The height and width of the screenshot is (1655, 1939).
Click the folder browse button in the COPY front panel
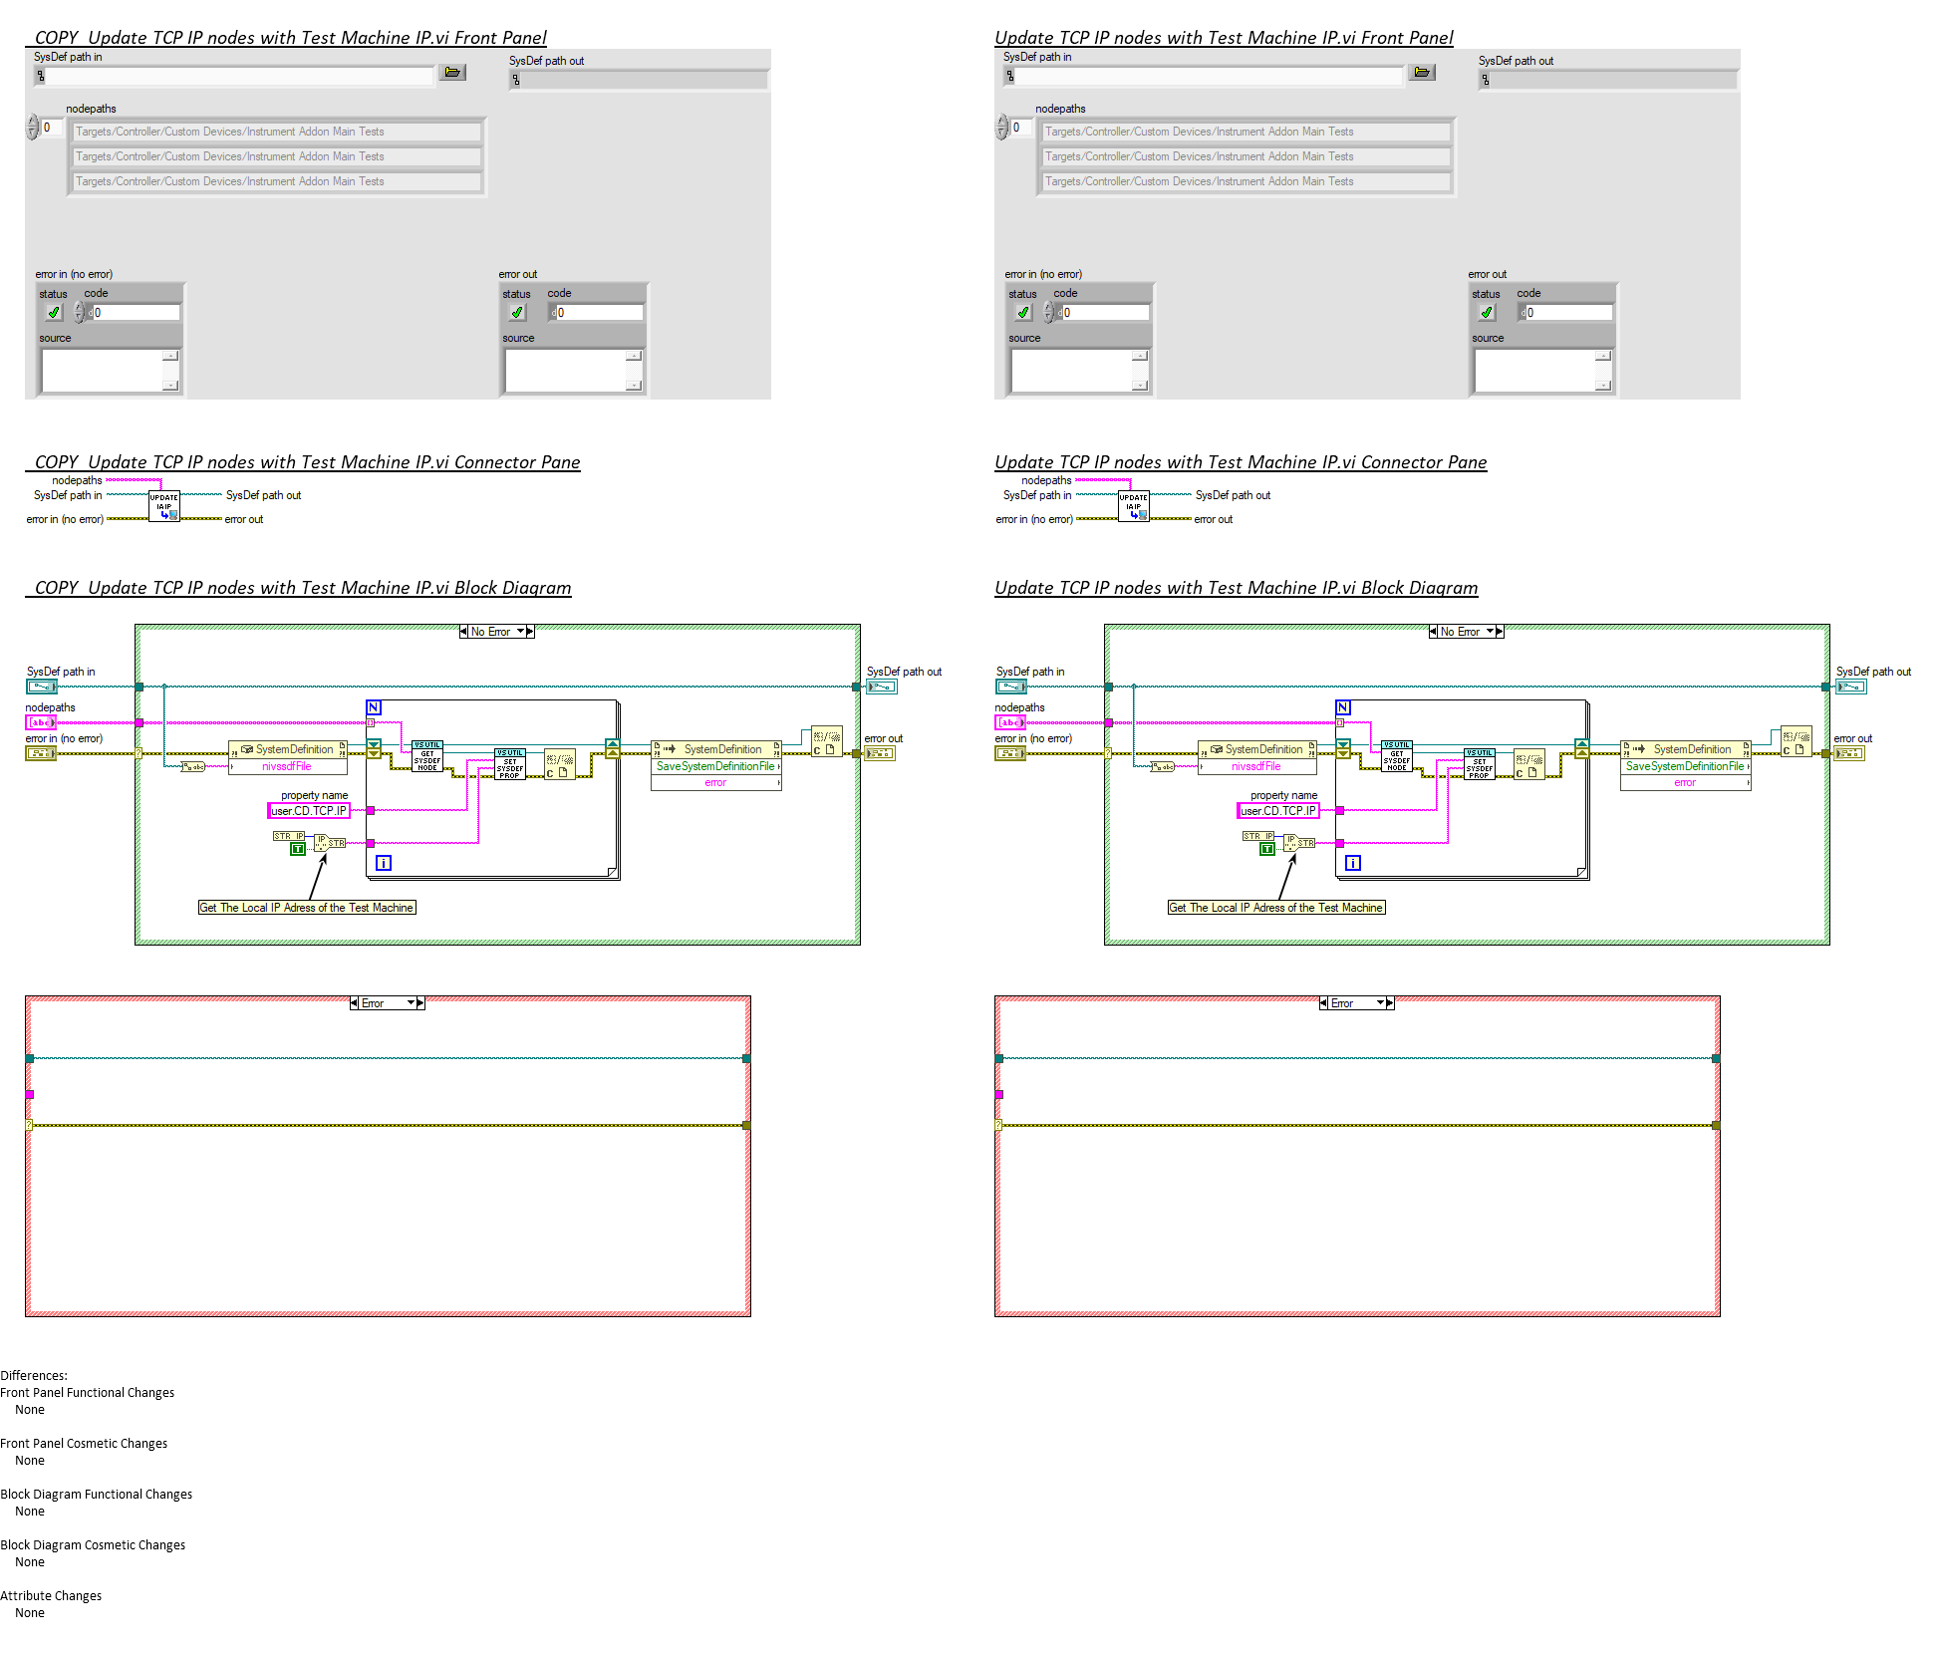453,73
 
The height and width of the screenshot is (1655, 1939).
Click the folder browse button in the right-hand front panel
1422,73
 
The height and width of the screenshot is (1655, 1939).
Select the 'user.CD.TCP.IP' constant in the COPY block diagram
309,811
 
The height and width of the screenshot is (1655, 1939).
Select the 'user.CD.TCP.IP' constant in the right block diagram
1278,811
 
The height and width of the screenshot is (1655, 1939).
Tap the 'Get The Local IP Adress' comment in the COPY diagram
306,908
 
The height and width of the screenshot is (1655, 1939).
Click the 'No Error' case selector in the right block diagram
1466,632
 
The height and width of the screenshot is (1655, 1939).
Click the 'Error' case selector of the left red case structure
387,1003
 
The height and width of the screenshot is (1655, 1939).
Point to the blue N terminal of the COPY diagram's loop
374,707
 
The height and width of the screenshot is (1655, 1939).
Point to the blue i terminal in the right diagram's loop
1353,863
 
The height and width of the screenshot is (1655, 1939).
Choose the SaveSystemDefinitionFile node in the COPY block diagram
715,766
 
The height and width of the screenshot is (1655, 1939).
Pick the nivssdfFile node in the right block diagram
1256,766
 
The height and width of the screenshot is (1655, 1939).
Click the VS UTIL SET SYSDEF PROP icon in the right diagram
1480,764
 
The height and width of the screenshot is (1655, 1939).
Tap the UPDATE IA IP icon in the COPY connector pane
164,506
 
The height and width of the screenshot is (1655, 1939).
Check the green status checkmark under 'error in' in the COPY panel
54,313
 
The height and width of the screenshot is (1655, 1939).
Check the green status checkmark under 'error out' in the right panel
1487,313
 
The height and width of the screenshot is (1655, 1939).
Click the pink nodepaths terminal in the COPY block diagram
41,722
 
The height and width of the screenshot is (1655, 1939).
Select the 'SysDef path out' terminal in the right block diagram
1851,687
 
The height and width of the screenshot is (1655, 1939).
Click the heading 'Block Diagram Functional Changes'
97,1495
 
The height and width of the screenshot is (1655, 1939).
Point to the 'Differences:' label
34,1376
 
